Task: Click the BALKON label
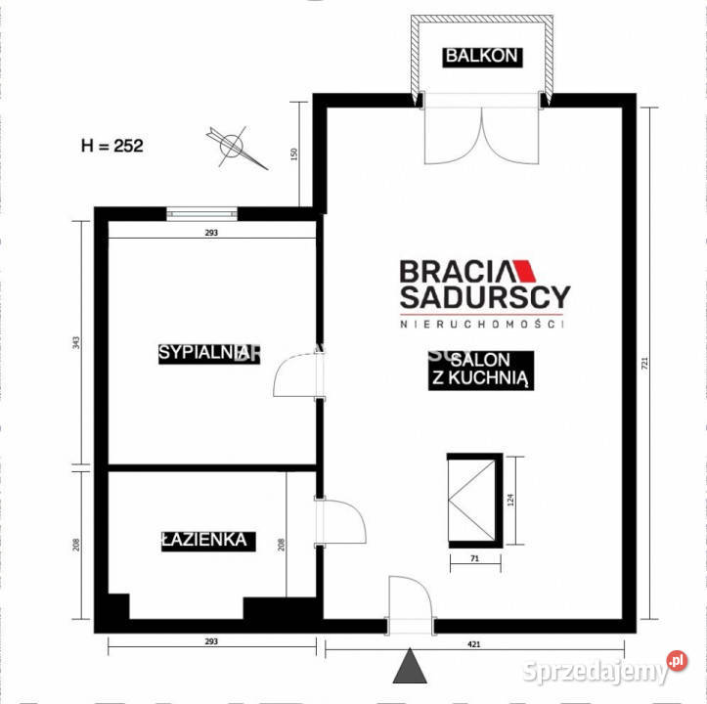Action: point(480,56)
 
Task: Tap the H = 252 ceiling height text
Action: point(111,146)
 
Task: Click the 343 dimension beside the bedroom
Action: point(77,342)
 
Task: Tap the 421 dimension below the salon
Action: point(473,642)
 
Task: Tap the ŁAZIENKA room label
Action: point(204,540)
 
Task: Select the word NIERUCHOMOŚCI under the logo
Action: point(484,323)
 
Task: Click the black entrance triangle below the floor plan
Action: point(411,669)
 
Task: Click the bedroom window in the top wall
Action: point(201,211)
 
